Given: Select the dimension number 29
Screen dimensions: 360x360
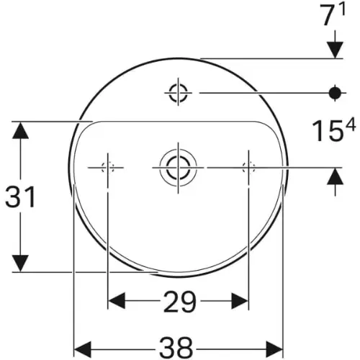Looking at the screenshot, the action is [180, 301].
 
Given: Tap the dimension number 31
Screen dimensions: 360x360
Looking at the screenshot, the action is [20, 197].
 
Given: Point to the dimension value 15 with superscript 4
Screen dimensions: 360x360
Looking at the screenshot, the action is [333, 131].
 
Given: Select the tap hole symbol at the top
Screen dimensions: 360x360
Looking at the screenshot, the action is [178, 92].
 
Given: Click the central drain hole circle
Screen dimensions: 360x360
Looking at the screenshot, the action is [178, 168].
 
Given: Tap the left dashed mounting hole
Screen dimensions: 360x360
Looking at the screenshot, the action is [108, 167].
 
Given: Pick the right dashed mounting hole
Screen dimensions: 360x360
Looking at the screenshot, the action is [248, 167].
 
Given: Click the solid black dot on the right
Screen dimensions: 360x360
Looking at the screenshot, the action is [335, 93].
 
